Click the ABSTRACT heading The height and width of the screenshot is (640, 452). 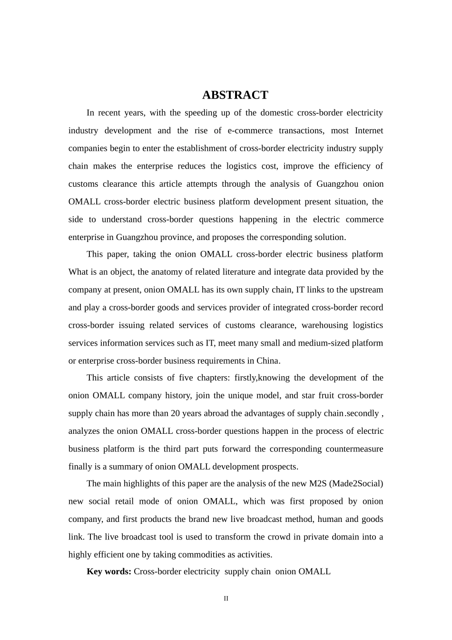(x=235, y=95)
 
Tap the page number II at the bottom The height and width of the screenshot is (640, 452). (x=226, y=599)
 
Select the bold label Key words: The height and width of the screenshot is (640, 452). (x=109, y=571)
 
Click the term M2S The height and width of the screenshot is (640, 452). (x=318, y=483)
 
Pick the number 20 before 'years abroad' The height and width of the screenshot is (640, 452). (x=175, y=413)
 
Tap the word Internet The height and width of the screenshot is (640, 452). (x=369, y=130)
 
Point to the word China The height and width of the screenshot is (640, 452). (x=268, y=360)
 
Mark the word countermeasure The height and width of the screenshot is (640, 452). (x=354, y=449)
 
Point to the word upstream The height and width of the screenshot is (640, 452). (x=365, y=290)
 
